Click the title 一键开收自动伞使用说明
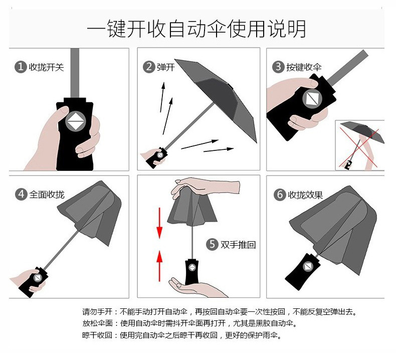196,29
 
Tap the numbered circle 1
21,67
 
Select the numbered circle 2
149,67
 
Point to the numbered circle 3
278,67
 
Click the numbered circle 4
21,195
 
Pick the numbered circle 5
212,245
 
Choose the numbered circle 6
280,195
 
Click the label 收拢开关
46,67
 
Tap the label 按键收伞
304,67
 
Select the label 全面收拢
47,195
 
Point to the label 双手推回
238,245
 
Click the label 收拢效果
305,195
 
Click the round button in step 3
312,99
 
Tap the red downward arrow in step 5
159,223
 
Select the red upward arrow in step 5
159,266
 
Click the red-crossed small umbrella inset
359,145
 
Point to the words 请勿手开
97,312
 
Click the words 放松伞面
97,323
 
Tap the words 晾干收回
97,335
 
